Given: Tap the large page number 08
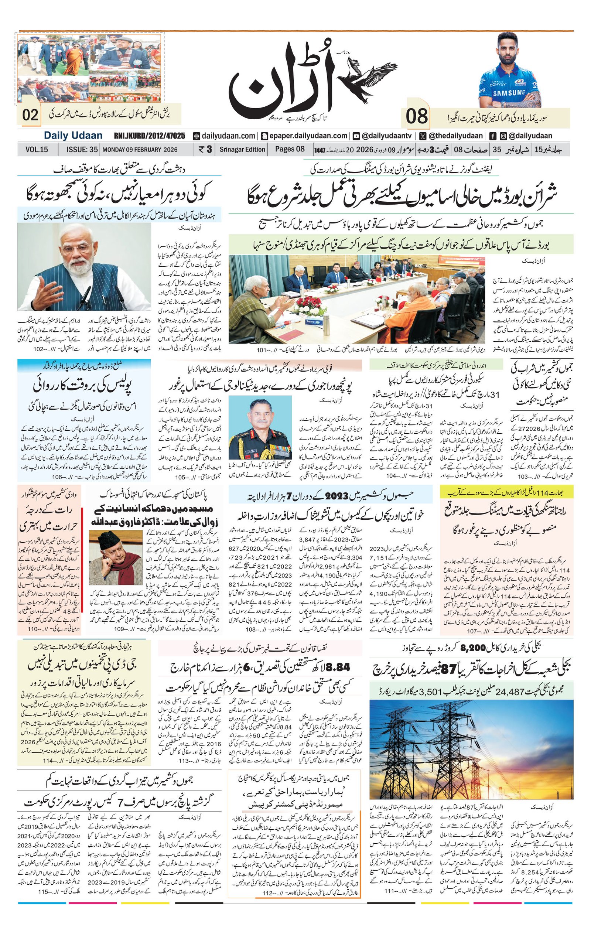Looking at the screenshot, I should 417,117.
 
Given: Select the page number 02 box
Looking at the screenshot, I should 30,115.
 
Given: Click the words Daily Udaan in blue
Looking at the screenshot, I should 73,136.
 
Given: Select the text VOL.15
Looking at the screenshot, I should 37,149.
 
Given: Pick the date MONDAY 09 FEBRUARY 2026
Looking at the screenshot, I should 140,149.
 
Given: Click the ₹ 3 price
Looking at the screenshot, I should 205,149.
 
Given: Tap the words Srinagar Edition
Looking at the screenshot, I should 242,149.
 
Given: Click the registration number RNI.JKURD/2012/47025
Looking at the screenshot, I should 149,136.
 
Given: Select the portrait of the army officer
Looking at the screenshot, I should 260,427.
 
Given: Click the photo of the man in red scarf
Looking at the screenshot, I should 116,557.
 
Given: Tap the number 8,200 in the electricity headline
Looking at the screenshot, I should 473,648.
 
